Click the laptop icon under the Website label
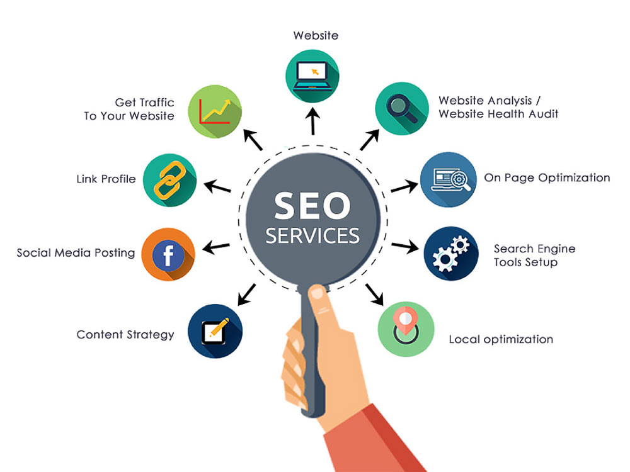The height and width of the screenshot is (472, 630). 312,76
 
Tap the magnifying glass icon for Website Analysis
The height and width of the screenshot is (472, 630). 402,108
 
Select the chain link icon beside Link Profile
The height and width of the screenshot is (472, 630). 170,180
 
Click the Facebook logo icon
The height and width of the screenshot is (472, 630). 168,254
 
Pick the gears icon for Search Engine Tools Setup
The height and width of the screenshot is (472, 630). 451,253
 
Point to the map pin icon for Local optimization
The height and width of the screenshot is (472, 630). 406,329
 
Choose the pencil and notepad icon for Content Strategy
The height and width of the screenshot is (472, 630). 215,331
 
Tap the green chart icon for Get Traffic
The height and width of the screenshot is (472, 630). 215,111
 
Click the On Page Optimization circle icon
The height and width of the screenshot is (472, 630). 449,179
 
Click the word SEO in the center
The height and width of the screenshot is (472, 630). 312,206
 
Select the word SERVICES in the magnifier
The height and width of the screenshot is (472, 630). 312,235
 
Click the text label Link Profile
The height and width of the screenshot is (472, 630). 106,179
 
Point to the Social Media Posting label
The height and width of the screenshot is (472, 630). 76,253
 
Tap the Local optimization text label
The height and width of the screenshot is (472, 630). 501,340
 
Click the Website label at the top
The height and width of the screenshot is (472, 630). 316,35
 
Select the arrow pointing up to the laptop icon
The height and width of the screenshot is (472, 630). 312,121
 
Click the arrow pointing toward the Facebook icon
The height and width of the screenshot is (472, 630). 216,247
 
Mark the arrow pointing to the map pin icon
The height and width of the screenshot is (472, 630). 374,295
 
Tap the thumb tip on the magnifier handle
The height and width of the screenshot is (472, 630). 318,293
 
